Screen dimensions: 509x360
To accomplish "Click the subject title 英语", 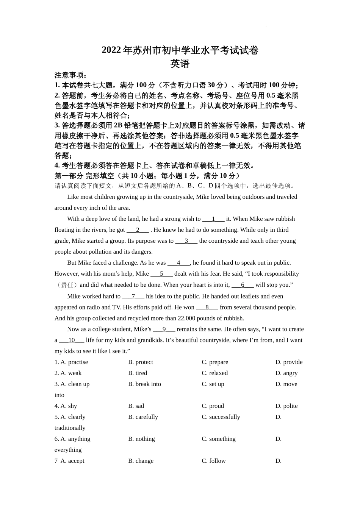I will click(180, 64).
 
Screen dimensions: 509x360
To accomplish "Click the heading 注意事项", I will click(70, 75).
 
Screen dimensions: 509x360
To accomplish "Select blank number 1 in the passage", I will click(213, 219).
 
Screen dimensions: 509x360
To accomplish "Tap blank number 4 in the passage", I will click(178, 263).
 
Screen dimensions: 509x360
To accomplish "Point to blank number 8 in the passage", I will click(207, 308).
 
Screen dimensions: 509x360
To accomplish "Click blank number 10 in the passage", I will click(72, 340).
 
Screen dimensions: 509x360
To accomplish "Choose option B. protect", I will click(141, 362).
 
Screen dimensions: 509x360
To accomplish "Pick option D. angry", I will click(286, 373).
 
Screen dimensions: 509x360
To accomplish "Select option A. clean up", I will click(72, 384).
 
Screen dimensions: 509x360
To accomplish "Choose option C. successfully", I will click(221, 417).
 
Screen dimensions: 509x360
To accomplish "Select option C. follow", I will click(214, 461).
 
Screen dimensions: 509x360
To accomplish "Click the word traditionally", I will click(70, 428).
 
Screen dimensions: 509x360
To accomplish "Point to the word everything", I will click(68, 450).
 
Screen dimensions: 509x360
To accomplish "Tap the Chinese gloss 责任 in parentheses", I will click(67, 285).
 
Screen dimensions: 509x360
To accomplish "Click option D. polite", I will click(286, 406).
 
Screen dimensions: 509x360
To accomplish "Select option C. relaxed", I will click(215, 373).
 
